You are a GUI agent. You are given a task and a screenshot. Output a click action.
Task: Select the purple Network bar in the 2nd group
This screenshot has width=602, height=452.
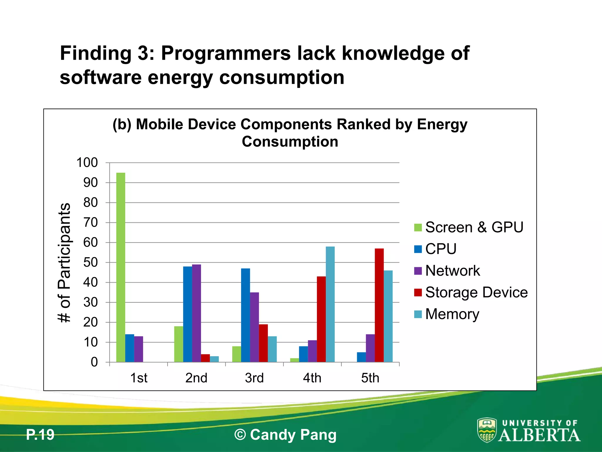pos(196,313)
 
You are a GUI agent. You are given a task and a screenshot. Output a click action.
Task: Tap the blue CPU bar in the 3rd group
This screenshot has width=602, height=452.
pos(245,315)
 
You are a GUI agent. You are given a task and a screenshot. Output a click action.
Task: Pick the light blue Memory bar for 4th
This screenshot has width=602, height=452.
pos(330,304)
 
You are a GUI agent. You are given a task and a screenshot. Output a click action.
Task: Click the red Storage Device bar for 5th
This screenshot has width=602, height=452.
pos(379,305)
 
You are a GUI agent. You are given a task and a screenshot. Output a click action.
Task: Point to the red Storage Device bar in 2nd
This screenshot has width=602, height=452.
pos(205,358)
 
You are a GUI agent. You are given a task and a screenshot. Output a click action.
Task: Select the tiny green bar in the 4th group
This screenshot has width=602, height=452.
pos(295,360)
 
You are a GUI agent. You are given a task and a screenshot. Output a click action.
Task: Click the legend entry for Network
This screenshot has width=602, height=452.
pos(452,271)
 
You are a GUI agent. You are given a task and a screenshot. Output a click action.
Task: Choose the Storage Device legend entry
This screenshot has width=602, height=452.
pos(476,293)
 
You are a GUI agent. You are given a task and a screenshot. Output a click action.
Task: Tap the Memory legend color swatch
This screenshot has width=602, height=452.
pos(418,314)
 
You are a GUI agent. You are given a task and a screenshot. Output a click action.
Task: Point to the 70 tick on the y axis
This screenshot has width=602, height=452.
pos(90,223)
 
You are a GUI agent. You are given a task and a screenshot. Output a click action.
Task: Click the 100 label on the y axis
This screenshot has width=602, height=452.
pos(87,163)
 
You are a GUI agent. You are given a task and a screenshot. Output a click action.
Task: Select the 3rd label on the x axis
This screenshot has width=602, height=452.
pos(254,378)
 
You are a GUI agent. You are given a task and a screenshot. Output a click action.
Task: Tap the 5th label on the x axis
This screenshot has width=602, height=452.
pos(370,378)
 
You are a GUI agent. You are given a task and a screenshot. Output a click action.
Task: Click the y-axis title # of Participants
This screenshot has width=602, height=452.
pos(64,262)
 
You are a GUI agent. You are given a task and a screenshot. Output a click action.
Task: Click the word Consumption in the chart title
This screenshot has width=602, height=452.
pos(290,142)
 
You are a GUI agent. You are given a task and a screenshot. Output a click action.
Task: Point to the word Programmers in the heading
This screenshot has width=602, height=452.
pos(226,53)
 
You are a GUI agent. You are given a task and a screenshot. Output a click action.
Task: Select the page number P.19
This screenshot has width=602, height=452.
pos(40,435)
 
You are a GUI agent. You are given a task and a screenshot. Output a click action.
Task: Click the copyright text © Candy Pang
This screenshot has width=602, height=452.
pos(285,435)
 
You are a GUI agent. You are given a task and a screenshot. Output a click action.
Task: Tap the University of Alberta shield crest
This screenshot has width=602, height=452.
pos(487,430)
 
